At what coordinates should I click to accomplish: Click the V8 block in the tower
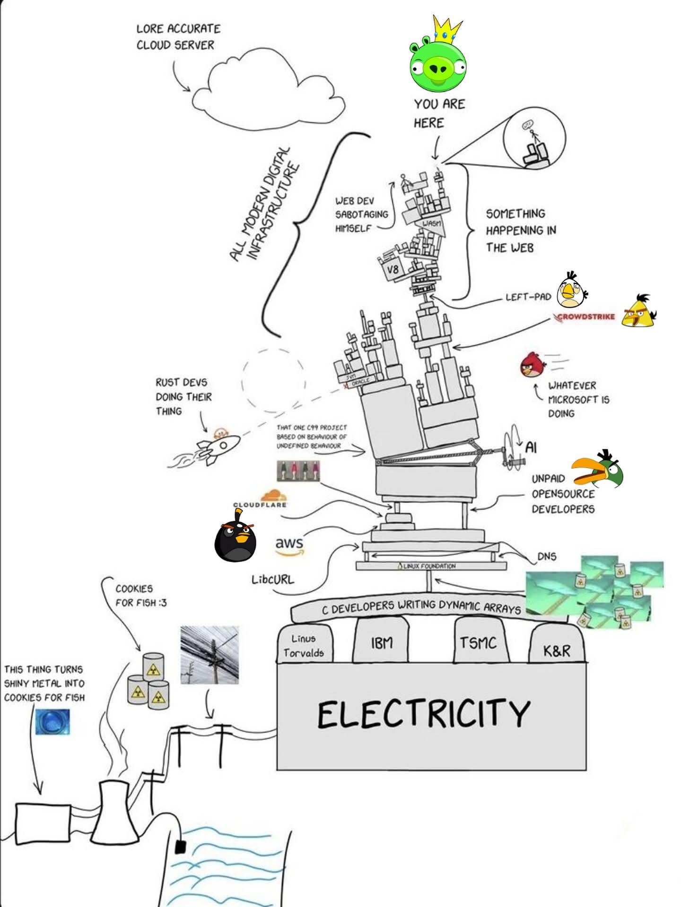pos(393,270)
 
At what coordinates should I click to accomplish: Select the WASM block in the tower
pos(431,223)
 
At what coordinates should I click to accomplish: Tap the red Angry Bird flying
pos(533,365)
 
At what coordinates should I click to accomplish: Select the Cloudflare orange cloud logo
pos(273,496)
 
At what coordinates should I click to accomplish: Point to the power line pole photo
pos(210,655)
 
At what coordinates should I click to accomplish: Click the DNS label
pos(547,556)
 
